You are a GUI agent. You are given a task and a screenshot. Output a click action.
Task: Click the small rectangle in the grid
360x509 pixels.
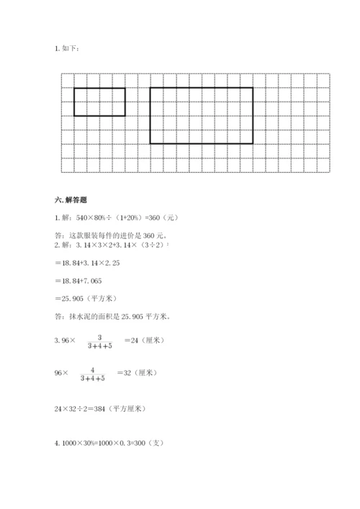[99, 102]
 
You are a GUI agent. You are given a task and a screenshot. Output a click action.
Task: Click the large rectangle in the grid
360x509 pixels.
[201, 115]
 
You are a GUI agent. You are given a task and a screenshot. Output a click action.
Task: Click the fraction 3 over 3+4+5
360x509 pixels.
[100, 341]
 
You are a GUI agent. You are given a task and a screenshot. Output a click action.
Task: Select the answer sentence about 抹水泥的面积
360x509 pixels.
[112, 316]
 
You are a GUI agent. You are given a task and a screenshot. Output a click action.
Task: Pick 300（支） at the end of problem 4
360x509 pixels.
[150, 443]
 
